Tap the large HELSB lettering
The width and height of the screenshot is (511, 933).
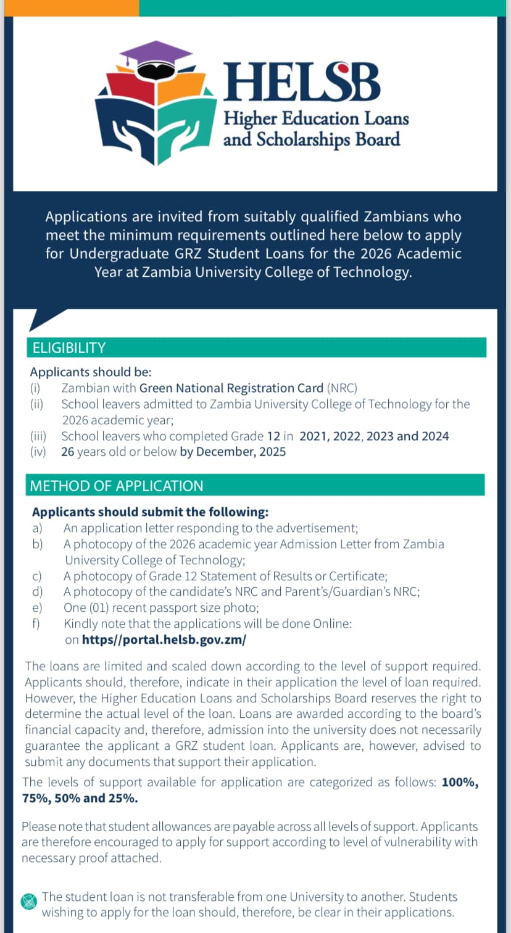point(302,81)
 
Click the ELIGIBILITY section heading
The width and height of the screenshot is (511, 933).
point(69,348)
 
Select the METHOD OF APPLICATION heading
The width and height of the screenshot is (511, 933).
point(117,486)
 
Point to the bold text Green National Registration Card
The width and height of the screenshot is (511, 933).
point(231,388)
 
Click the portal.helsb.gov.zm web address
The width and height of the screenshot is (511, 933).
point(164,639)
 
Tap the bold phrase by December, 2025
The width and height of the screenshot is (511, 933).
point(233,452)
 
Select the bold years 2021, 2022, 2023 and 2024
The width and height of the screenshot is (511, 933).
point(374,436)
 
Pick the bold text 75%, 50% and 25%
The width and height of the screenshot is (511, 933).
point(80,798)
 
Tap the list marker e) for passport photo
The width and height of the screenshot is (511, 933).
point(37,607)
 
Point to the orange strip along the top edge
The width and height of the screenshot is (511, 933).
point(69,7)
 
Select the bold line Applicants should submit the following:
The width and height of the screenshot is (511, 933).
point(150,512)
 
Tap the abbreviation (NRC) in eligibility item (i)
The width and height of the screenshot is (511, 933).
point(343,388)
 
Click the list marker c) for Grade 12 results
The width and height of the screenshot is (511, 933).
point(37,576)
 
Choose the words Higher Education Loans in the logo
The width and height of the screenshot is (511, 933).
point(316,118)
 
